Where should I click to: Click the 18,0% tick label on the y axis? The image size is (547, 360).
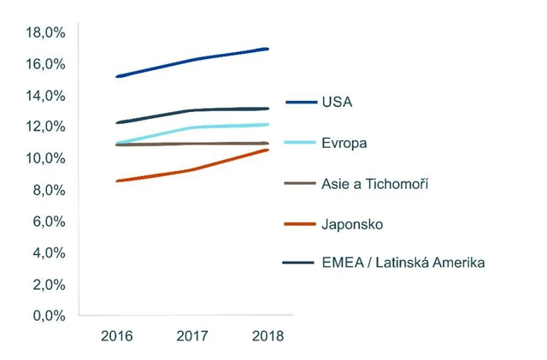coord(44,32)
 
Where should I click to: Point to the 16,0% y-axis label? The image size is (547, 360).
coord(44,64)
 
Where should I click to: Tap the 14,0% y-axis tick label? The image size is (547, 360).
coord(44,96)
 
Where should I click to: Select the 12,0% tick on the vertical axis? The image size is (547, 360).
coord(44,127)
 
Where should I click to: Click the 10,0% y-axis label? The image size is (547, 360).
coord(44,158)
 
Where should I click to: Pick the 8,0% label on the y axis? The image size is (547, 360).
coord(47,190)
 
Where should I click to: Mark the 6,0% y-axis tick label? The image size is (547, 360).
coord(47,221)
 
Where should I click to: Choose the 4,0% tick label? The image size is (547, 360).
coord(47,253)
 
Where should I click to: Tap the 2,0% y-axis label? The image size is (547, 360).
coord(47,285)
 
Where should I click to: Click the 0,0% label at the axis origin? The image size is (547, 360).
coord(47,316)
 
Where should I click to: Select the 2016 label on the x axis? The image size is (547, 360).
coord(117,336)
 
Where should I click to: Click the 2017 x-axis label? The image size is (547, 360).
coord(192,336)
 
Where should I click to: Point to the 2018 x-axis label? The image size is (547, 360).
coord(267,336)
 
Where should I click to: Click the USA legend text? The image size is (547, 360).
coord(338,102)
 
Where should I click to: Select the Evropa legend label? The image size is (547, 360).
coord(344,143)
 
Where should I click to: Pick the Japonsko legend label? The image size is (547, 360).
coord(352,224)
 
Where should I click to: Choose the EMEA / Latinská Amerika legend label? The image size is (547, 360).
coord(403,263)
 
